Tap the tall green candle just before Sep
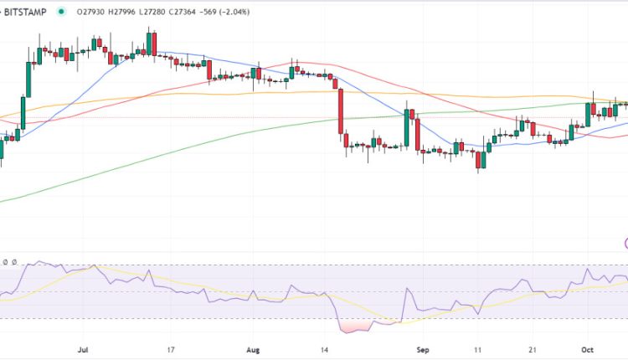406,127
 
